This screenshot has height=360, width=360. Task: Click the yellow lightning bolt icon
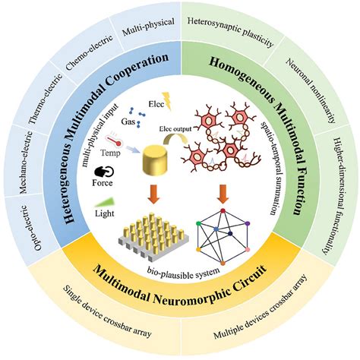coord(167,101)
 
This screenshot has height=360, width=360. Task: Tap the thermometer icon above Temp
coord(113,140)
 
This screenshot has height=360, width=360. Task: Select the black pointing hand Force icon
coord(104,172)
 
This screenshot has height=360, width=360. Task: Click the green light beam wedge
coord(105,203)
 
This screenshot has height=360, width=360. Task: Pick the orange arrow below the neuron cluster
coord(223,194)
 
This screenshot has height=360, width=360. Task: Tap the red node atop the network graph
coord(223,210)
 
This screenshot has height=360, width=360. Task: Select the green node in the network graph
coord(199,223)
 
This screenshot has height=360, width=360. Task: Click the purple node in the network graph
coord(248,223)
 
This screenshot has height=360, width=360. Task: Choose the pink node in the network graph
coord(248,250)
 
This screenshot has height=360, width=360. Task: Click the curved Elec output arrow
coord(175,139)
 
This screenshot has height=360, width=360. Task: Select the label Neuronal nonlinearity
coord(311,90)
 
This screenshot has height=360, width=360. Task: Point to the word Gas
coord(128,122)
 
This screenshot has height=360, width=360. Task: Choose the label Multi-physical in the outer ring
coord(148,27)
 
